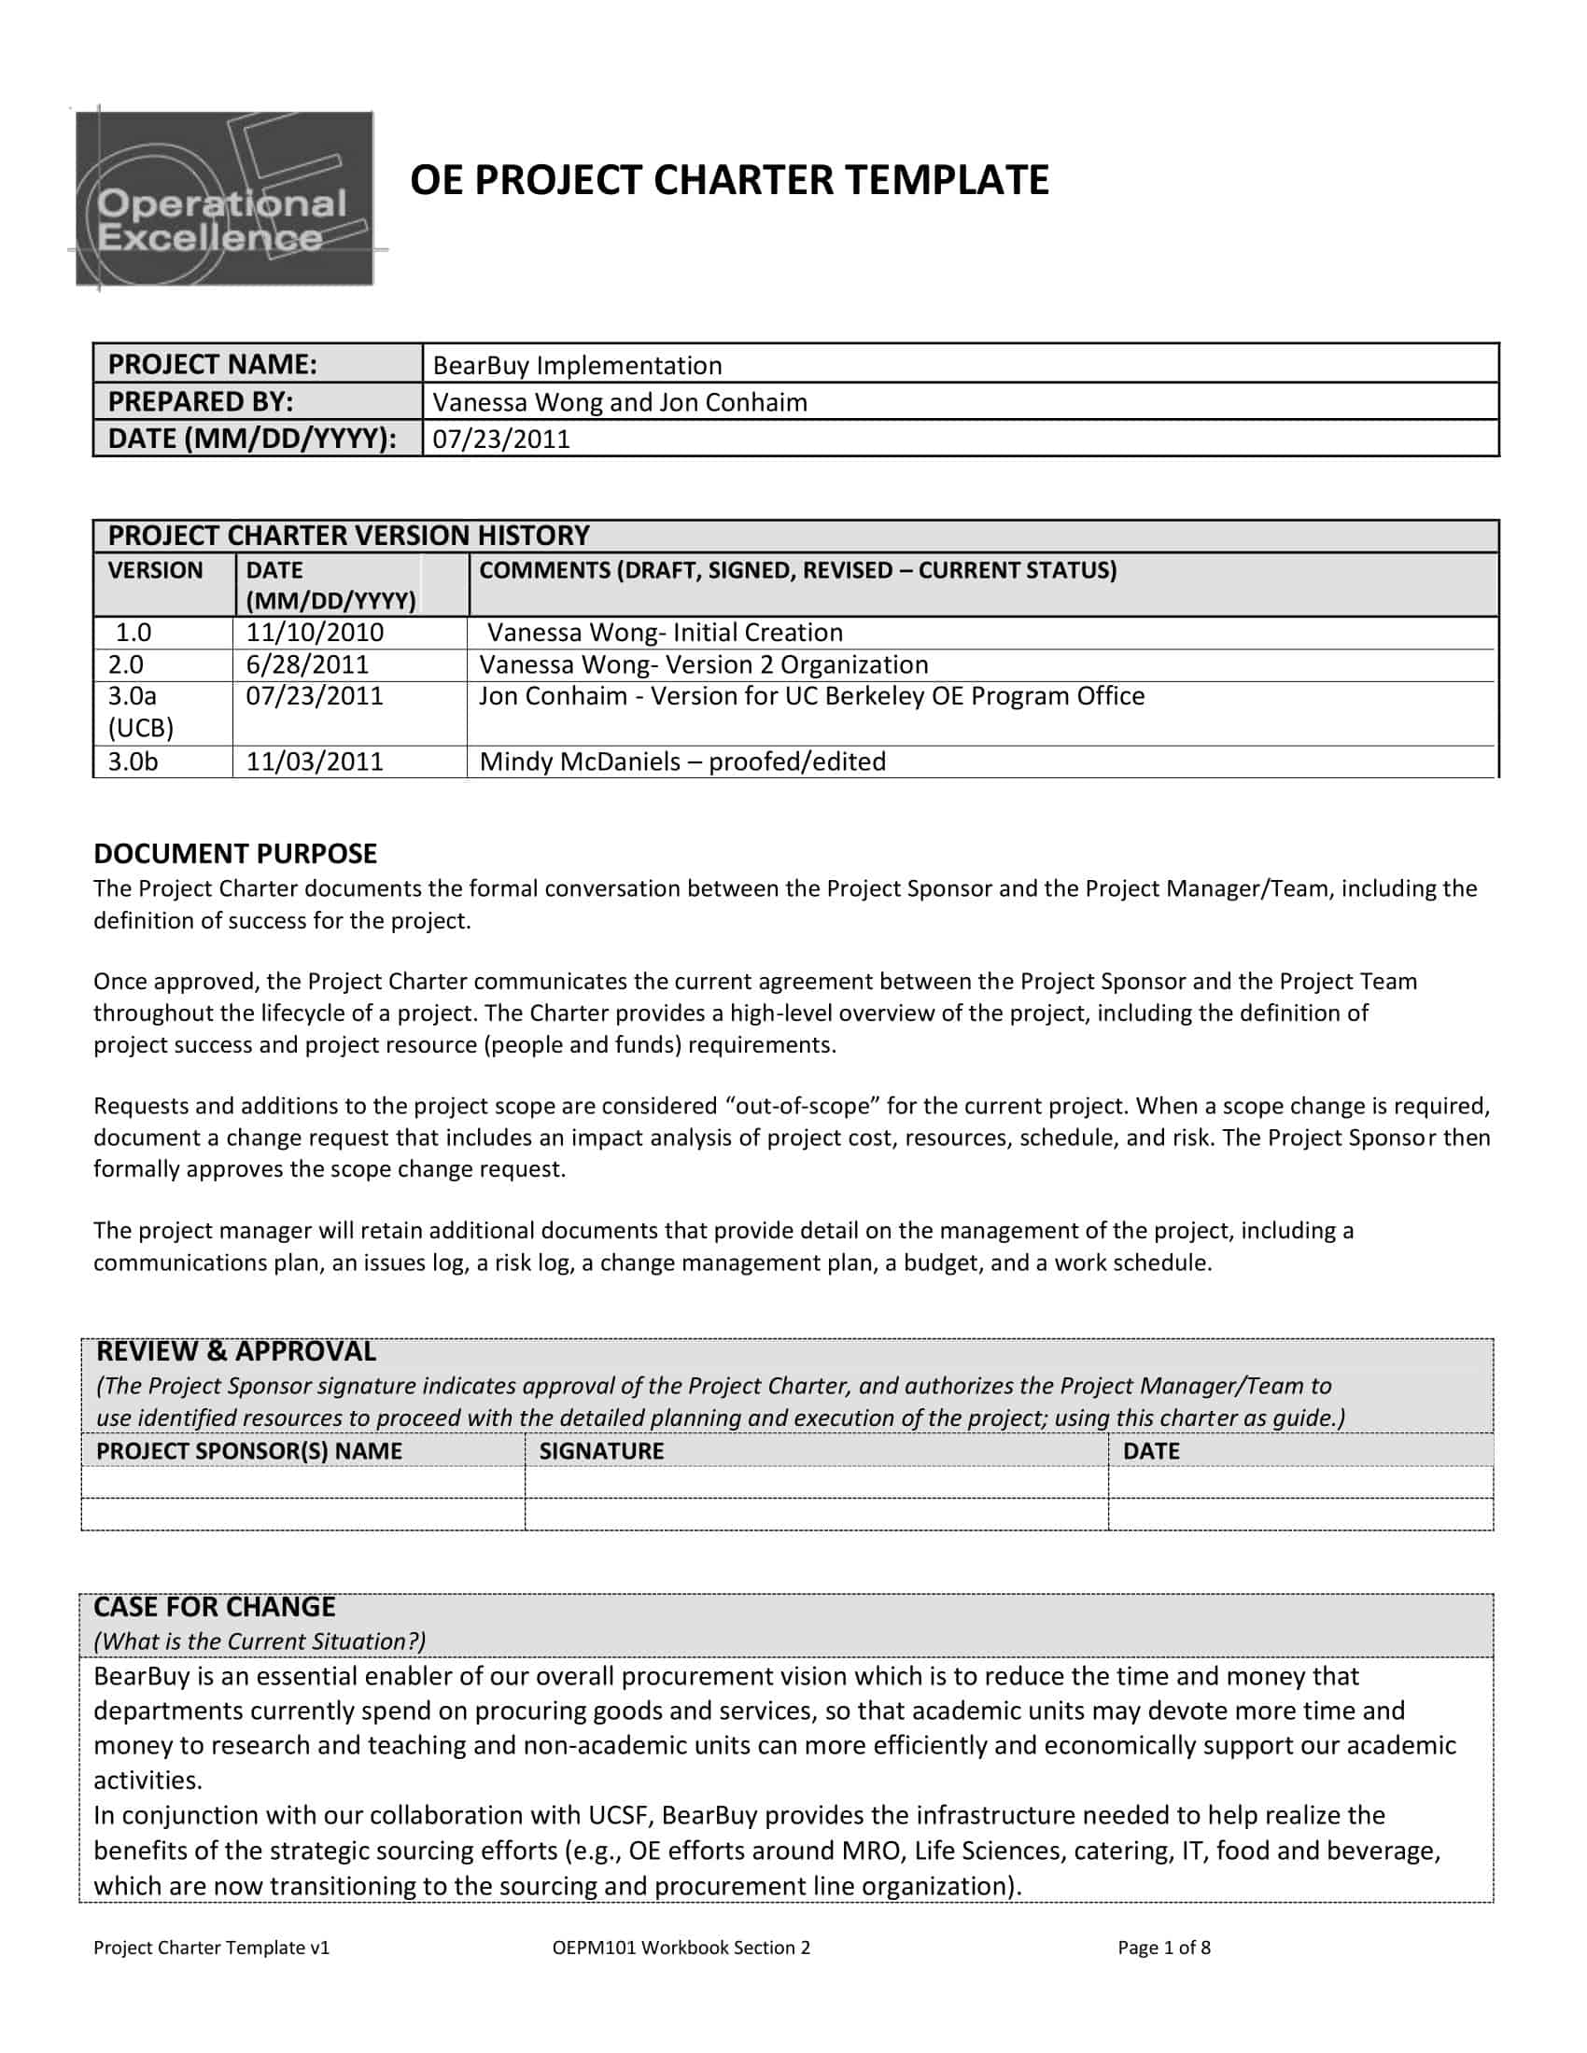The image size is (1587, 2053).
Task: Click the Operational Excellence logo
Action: click(x=225, y=199)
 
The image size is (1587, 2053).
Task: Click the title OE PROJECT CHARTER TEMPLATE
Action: click(x=729, y=179)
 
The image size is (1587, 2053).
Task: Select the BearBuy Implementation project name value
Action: click(x=576, y=365)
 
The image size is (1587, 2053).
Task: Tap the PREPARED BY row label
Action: click(x=201, y=401)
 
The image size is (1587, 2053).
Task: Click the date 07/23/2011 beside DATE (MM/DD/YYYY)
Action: click(x=501, y=439)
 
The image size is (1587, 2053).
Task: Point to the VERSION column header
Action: click(x=155, y=570)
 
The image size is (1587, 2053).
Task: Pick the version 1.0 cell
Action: click(x=133, y=632)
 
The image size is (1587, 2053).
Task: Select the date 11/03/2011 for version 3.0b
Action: click(x=314, y=761)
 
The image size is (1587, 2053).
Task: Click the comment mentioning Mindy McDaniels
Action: click(x=682, y=761)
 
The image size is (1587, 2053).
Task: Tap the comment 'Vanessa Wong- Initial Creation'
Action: click(x=665, y=632)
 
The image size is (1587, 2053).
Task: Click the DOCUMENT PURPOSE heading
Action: click(x=235, y=854)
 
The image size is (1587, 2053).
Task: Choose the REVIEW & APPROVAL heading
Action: click(x=236, y=1352)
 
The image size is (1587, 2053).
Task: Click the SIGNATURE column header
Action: click(x=601, y=1450)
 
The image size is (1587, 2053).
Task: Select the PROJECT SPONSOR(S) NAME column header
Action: click(x=248, y=1450)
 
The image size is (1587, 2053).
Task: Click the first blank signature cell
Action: click(x=815, y=1483)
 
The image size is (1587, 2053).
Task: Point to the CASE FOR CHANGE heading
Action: click(x=215, y=1607)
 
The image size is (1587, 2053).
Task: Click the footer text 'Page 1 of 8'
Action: click(x=1163, y=1948)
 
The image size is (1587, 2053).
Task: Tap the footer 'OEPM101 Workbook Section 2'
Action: click(x=681, y=1948)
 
